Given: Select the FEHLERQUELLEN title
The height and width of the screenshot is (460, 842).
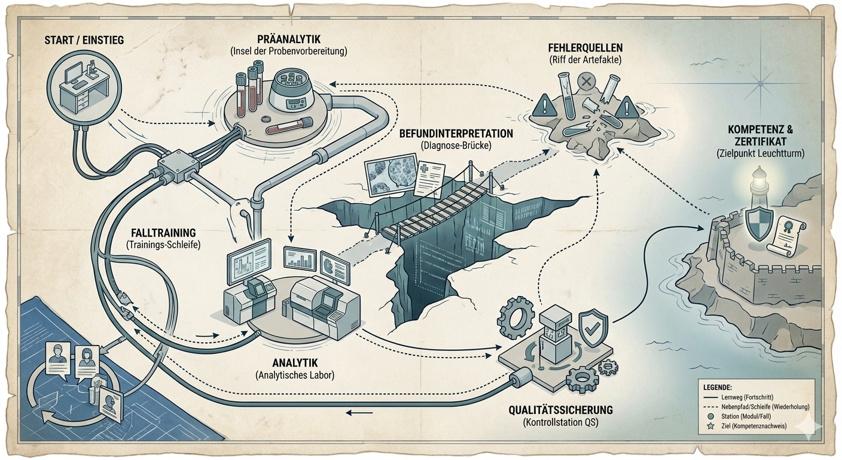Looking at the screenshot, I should (x=587, y=48).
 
